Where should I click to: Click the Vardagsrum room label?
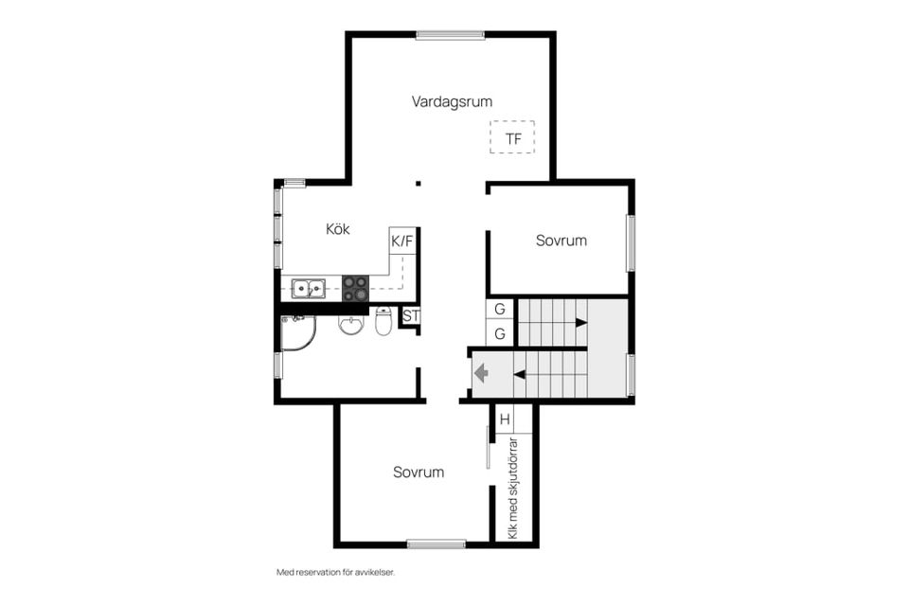tap(453, 102)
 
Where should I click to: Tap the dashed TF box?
tap(512, 137)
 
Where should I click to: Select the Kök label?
tap(337, 229)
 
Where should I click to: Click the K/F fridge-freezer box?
tap(402, 241)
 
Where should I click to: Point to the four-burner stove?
tap(355, 288)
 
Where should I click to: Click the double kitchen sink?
tap(309, 288)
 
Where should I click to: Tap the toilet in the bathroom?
tap(383, 321)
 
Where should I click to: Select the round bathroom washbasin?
tap(350, 325)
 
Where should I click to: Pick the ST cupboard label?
tap(410, 316)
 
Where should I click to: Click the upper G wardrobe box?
tap(500, 309)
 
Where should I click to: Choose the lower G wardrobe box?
tap(500, 334)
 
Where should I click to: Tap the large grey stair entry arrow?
tap(481, 373)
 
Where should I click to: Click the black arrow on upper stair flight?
tap(580, 323)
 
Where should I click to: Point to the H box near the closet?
tap(505, 419)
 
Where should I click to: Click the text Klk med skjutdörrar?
tap(512, 489)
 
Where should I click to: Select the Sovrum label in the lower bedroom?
tap(419, 472)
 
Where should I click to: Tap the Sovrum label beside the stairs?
tap(561, 241)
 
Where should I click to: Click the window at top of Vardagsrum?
tap(451, 35)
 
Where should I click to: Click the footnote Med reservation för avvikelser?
tap(335, 572)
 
